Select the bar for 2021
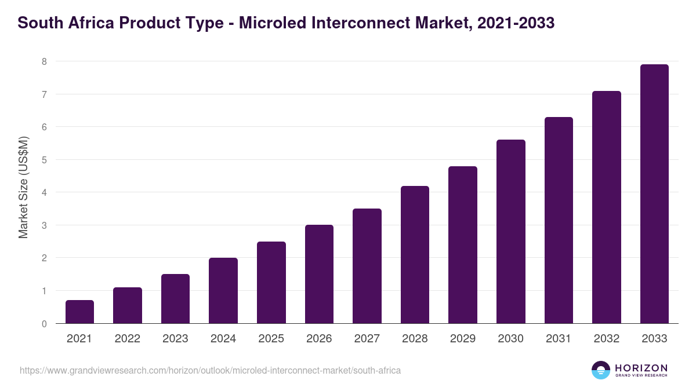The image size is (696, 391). [x=79, y=312]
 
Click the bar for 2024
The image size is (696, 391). [x=223, y=291]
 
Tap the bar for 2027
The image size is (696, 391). [x=367, y=266]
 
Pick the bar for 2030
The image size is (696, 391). [x=511, y=232]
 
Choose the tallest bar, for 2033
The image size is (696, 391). [x=654, y=194]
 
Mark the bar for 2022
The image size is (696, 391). [x=128, y=305]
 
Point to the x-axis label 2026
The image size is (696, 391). [x=319, y=339]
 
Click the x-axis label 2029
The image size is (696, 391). [x=463, y=339]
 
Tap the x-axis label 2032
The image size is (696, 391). [x=607, y=339]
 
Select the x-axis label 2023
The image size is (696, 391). [x=175, y=339]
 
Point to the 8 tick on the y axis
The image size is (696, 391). [x=44, y=61]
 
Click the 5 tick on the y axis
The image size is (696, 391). [x=44, y=160]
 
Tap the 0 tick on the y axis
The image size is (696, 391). [x=44, y=324]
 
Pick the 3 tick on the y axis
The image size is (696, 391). [x=44, y=225]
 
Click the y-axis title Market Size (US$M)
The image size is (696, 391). [x=24, y=187]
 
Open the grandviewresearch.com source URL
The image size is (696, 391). [x=210, y=370]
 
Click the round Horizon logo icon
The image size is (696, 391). [x=600, y=370]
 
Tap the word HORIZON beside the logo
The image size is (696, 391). [x=641, y=367]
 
